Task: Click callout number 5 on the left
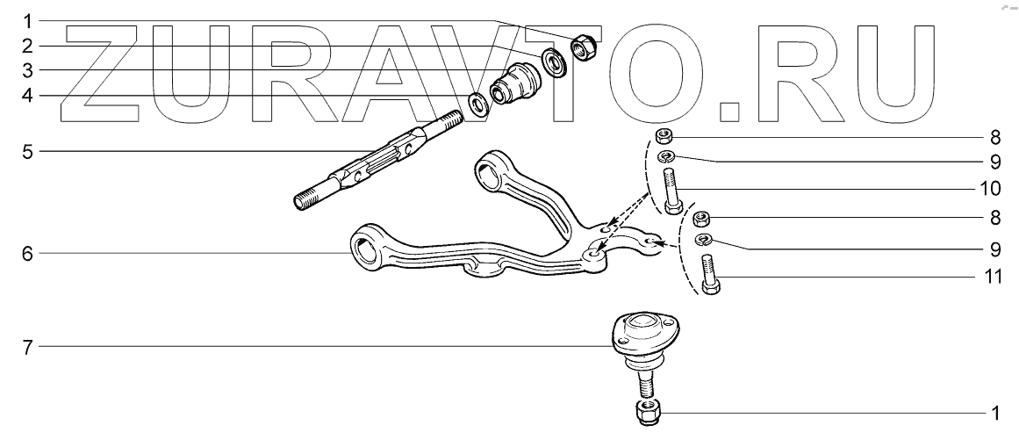pyautogui.click(x=28, y=151)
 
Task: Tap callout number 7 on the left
pyautogui.click(x=28, y=347)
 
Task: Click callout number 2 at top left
pyautogui.click(x=28, y=44)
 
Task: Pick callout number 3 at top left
pyautogui.click(x=28, y=69)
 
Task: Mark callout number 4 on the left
pyautogui.click(x=28, y=95)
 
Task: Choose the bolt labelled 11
pyautogui.click(x=709, y=272)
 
